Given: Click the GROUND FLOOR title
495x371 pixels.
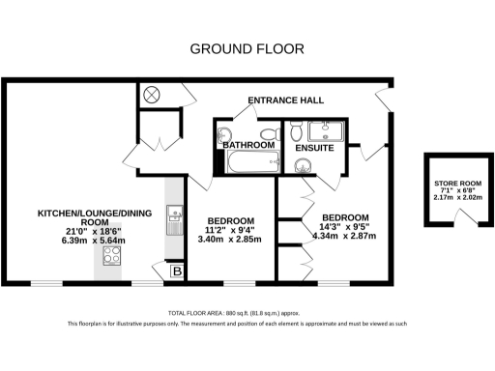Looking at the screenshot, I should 247,48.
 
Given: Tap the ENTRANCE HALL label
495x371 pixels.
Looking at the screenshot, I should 285,100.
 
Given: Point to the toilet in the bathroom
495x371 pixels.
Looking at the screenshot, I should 224,136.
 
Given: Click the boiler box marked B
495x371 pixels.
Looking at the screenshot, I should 175,272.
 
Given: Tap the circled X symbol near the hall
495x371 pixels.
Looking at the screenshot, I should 152,95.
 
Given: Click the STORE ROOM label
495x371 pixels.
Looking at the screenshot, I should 456,183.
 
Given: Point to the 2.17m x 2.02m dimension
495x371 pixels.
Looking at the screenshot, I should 456,198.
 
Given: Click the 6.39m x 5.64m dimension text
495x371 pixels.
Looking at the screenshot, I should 87,240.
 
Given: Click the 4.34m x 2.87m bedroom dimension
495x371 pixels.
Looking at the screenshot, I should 344,236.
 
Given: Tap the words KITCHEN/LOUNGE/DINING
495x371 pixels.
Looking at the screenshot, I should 87,213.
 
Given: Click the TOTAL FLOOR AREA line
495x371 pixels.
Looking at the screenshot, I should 247,314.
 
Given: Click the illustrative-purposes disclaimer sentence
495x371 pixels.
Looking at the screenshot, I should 247,325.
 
